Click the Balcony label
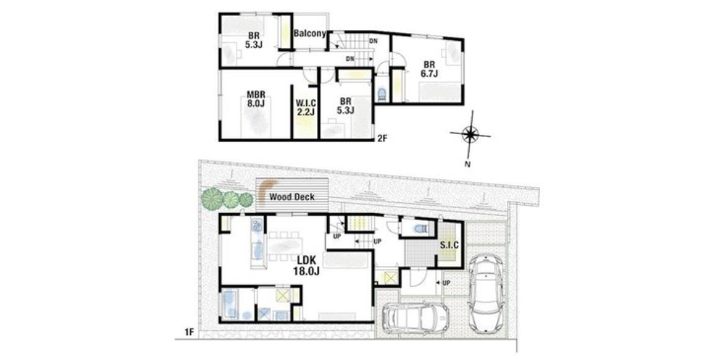click(310, 34)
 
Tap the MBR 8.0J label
click(256, 99)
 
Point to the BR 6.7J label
click(429, 69)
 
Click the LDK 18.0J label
click(306, 265)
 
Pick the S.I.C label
click(450, 245)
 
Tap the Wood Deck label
click(292, 197)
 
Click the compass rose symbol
click(470, 135)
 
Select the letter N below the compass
click(467, 165)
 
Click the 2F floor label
click(382, 139)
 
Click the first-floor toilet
click(419, 228)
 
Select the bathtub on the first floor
click(229, 304)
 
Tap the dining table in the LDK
click(285, 246)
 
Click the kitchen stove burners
click(256, 224)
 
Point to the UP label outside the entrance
click(446, 283)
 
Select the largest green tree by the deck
click(212, 199)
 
